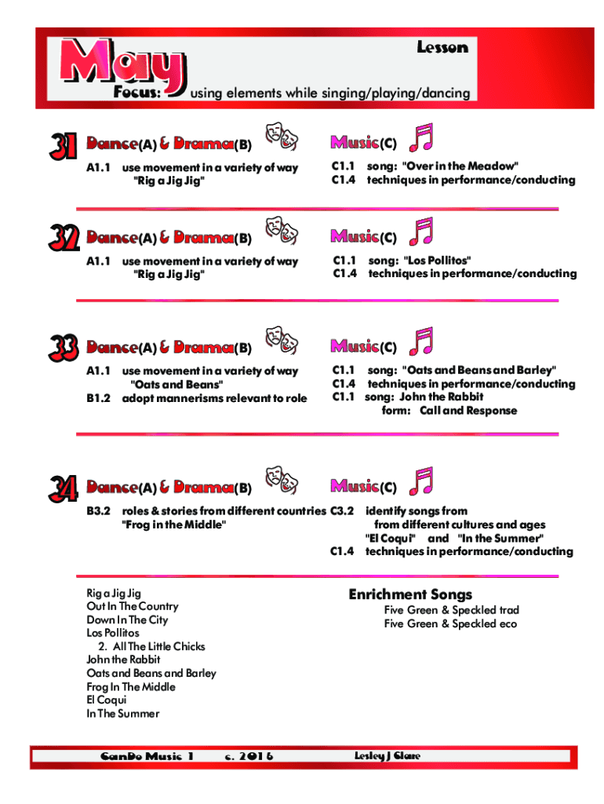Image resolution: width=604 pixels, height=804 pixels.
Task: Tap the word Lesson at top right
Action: click(442, 48)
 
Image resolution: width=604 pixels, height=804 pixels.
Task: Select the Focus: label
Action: click(137, 93)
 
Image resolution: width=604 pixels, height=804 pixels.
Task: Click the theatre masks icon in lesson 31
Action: click(282, 136)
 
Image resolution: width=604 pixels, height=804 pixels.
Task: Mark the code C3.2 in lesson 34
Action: click(342, 511)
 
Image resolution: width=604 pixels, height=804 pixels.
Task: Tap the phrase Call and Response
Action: click(468, 411)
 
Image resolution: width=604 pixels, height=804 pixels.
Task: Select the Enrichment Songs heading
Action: click(410, 594)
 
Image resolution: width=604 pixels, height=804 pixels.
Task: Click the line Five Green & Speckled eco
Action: click(451, 624)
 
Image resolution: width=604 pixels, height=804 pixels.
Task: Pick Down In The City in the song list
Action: click(127, 620)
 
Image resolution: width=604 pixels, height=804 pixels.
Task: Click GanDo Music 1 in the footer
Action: click(147, 757)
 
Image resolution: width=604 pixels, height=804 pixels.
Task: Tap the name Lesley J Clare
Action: click(388, 756)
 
